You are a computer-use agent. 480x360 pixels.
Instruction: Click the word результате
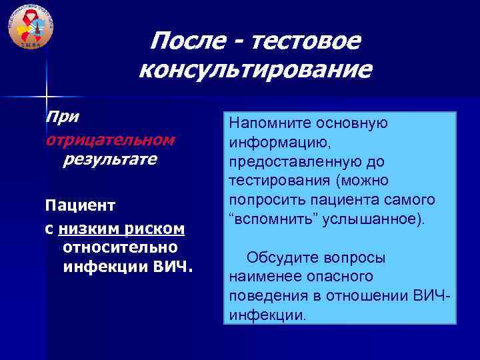pos(109,160)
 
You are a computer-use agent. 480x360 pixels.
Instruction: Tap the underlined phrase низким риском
pos(121,229)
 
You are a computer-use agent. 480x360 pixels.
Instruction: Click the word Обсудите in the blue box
pos(279,257)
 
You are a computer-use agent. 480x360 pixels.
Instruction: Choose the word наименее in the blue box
pos(261,276)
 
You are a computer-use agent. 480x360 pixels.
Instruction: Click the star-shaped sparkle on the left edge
pos(46,97)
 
